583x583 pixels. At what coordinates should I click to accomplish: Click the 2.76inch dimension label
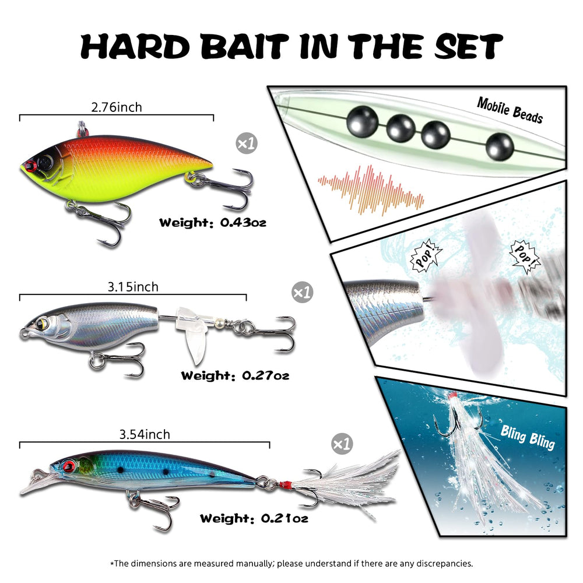coord(117,107)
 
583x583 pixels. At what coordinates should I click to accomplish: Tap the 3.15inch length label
coord(133,287)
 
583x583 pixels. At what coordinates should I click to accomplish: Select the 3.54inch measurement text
coord(145,434)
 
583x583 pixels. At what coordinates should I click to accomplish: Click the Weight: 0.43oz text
coord(213,223)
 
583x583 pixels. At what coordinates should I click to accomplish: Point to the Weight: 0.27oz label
coord(235,375)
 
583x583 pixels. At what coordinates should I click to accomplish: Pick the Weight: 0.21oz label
coord(254,518)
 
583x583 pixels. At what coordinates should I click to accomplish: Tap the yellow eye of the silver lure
coord(44,323)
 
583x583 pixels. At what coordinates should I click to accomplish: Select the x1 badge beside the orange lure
coord(247,143)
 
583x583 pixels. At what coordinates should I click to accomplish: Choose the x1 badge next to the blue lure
coord(342,444)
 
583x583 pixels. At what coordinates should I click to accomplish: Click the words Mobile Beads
coord(510,110)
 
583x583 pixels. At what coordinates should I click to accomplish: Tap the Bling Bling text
coord(528,437)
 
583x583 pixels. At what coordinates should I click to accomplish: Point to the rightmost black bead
coord(500,146)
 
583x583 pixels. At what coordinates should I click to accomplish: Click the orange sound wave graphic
coord(371,191)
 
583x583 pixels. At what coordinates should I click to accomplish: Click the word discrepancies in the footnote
coord(444,563)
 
